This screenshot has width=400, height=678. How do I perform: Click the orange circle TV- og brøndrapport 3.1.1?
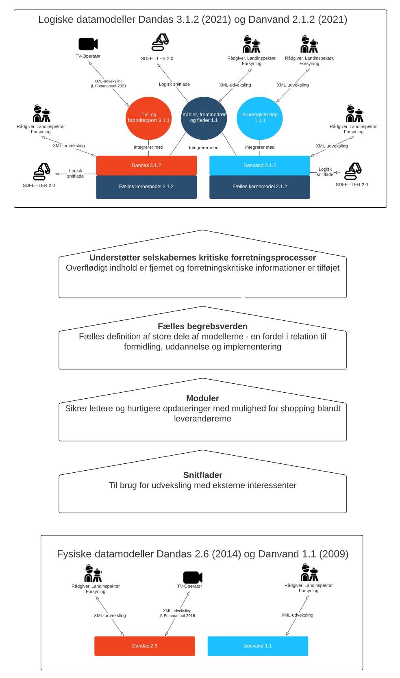click(x=148, y=118)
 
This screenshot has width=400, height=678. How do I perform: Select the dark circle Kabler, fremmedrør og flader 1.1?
click(x=204, y=118)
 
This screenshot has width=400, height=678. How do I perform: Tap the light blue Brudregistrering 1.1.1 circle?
click(x=259, y=118)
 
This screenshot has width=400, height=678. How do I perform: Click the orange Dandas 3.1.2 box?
click(x=146, y=165)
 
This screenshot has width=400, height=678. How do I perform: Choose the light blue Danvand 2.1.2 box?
click(x=259, y=165)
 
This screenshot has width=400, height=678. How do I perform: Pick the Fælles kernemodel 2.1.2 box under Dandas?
click(x=146, y=187)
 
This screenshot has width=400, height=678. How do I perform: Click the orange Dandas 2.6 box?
click(x=144, y=645)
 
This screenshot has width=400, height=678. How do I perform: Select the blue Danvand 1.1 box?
click(x=258, y=645)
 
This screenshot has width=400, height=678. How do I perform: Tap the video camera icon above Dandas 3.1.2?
click(x=88, y=44)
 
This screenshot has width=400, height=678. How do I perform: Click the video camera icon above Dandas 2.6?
click(x=193, y=577)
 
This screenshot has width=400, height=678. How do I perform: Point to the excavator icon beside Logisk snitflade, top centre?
click(x=160, y=42)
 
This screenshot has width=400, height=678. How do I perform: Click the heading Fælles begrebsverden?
click(x=202, y=326)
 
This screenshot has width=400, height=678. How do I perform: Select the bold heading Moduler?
click(x=202, y=398)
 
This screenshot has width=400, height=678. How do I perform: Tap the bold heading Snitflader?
click(x=202, y=475)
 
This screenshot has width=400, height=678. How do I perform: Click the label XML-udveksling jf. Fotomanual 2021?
click(x=109, y=84)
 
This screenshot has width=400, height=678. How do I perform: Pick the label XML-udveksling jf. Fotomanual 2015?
click(x=177, y=613)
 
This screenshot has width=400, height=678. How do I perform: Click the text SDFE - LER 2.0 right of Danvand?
click(x=352, y=185)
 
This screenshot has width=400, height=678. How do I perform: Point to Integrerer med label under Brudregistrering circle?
click(x=259, y=148)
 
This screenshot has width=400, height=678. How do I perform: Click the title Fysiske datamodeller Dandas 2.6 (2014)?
click(x=148, y=554)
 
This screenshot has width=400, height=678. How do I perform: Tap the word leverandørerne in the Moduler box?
click(x=202, y=419)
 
